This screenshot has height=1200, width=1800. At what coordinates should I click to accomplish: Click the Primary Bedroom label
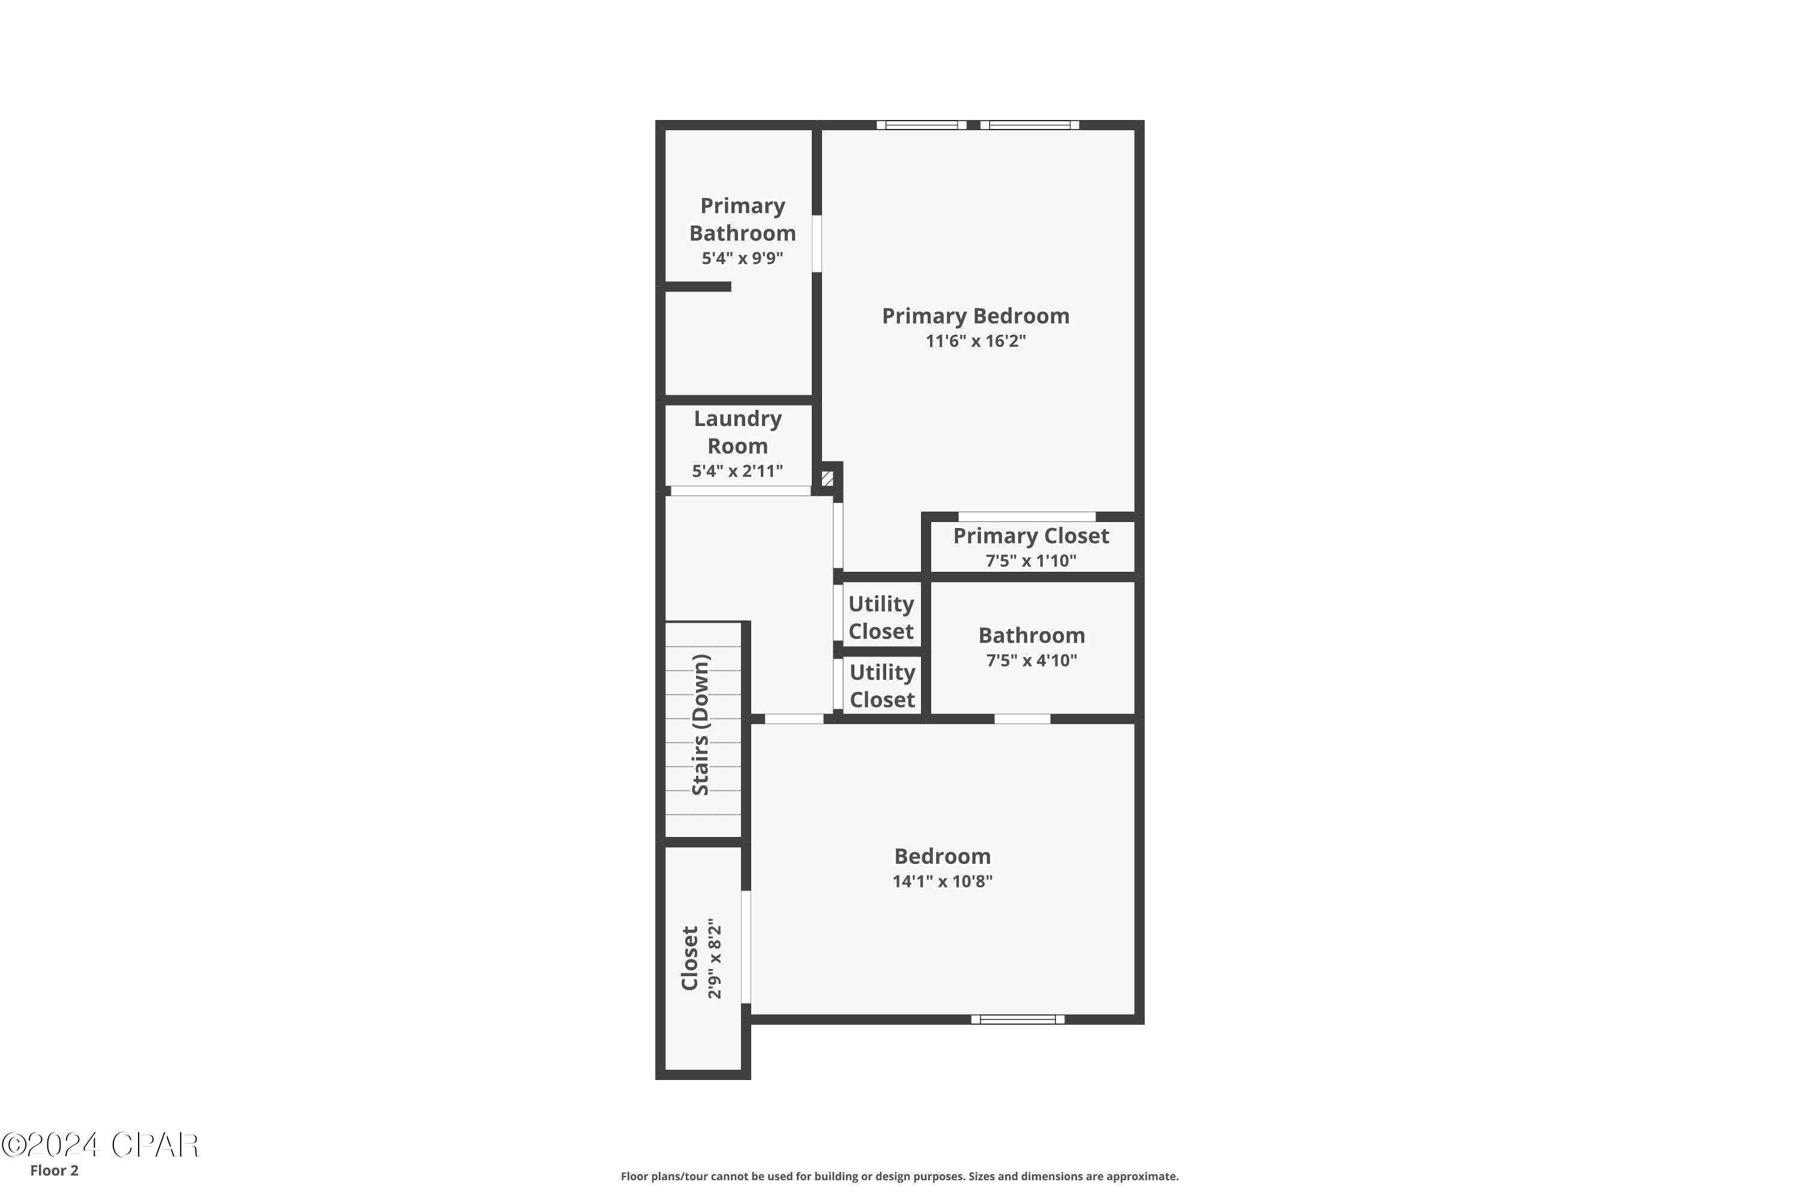(975, 316)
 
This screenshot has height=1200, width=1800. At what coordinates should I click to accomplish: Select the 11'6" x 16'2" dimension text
(975, 341)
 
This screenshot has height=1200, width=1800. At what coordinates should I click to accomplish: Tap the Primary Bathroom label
(742, 219)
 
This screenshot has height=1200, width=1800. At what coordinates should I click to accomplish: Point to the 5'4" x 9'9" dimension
(742, 259)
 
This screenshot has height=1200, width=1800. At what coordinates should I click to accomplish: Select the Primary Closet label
(1030, 536)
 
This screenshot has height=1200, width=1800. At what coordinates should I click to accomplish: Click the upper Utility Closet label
(881, 617)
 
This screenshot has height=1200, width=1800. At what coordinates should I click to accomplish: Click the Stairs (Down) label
(700, 725)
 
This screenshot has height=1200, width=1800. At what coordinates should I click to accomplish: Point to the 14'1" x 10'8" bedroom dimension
(942, 881)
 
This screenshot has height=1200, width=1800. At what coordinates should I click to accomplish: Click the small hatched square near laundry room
(827, 478)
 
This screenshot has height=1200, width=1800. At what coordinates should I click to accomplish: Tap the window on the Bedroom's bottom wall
(1017, 1019)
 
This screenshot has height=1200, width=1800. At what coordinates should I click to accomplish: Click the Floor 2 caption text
(55, 1170)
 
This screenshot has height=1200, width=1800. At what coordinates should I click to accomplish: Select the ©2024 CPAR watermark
(100, 1145)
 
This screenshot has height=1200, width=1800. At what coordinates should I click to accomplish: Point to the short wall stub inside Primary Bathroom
(697, 287)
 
